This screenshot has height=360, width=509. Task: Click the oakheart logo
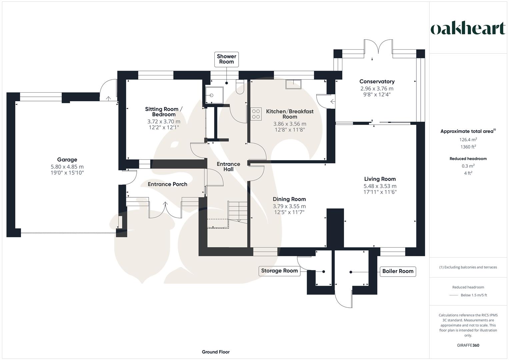(x=468, y=29)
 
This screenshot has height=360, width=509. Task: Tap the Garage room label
(x=67, y=160)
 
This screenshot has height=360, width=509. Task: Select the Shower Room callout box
(x=226, y=59)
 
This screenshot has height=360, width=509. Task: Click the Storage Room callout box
(x=279, y=271)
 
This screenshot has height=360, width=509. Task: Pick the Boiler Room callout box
(x=398, y=271)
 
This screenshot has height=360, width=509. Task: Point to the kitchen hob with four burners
(x=256, y=114)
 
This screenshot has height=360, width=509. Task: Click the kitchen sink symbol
(x=293, y=84)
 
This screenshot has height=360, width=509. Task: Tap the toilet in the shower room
(x=240, y=87)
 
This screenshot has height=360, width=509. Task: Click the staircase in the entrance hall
(x=237, y=211)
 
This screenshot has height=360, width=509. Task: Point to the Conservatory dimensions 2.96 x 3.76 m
(x=377, y=89)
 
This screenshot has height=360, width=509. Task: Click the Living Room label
(x=380, y=179)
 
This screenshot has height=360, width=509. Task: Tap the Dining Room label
(x=289, y=199)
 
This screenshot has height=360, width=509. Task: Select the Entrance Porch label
(x=167, y=184)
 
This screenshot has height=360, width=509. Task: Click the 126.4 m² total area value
(x=468, y=140)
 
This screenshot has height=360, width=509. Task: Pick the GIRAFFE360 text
(x=468, y=345)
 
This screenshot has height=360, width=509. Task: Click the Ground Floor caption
(x=216, y=352)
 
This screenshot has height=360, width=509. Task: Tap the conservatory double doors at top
(x=378, y=47)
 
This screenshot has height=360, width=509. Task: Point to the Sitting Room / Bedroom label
(x=164, y=112)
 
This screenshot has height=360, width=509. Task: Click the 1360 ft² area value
(x=468, y=147)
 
